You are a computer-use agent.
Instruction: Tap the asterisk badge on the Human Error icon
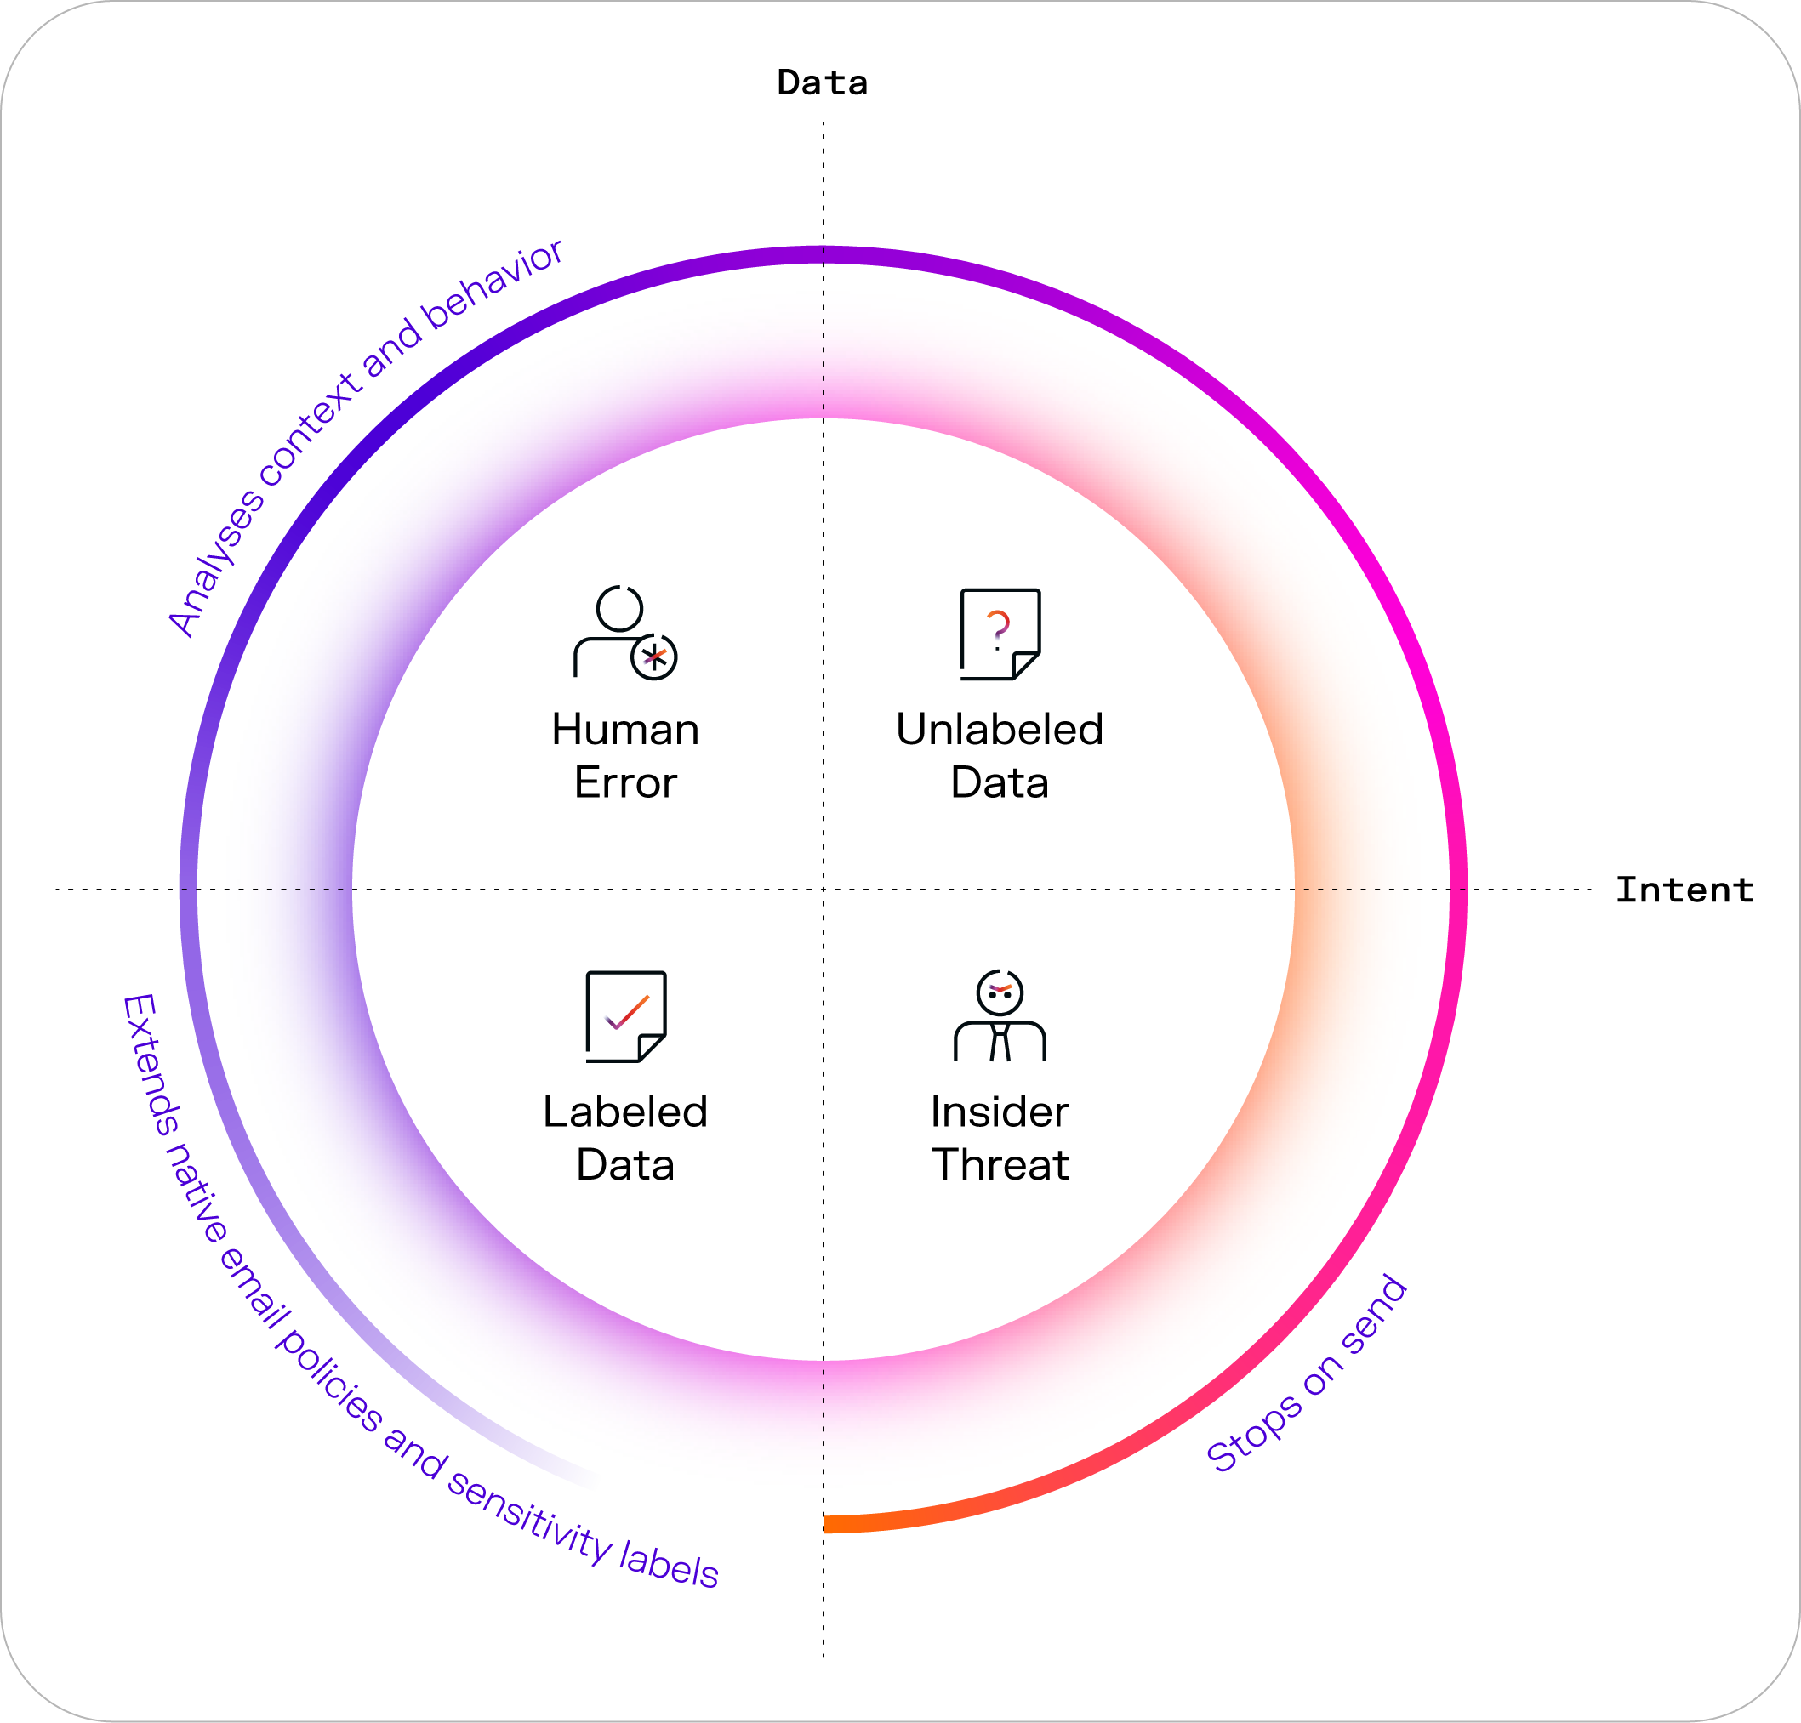click(x=654, y=657)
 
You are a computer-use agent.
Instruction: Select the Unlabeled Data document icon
click(x=1000, y=634)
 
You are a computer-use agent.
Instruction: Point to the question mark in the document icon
click(x=998, y=628)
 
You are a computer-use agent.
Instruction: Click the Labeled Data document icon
click(x=626, y=1015)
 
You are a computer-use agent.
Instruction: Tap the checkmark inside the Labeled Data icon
click(x=628, y=1011)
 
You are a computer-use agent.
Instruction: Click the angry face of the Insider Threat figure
click(x=1000, y=992)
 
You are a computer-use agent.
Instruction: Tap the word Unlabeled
click(x=1000, y=731)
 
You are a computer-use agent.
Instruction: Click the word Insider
click(x=1000, y=1112)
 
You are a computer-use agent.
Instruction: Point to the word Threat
click(x=1000, y=1165)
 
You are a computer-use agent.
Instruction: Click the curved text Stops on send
click(x=1306, y=1374)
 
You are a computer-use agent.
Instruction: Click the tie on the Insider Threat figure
click(x=1000, y=1043)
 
